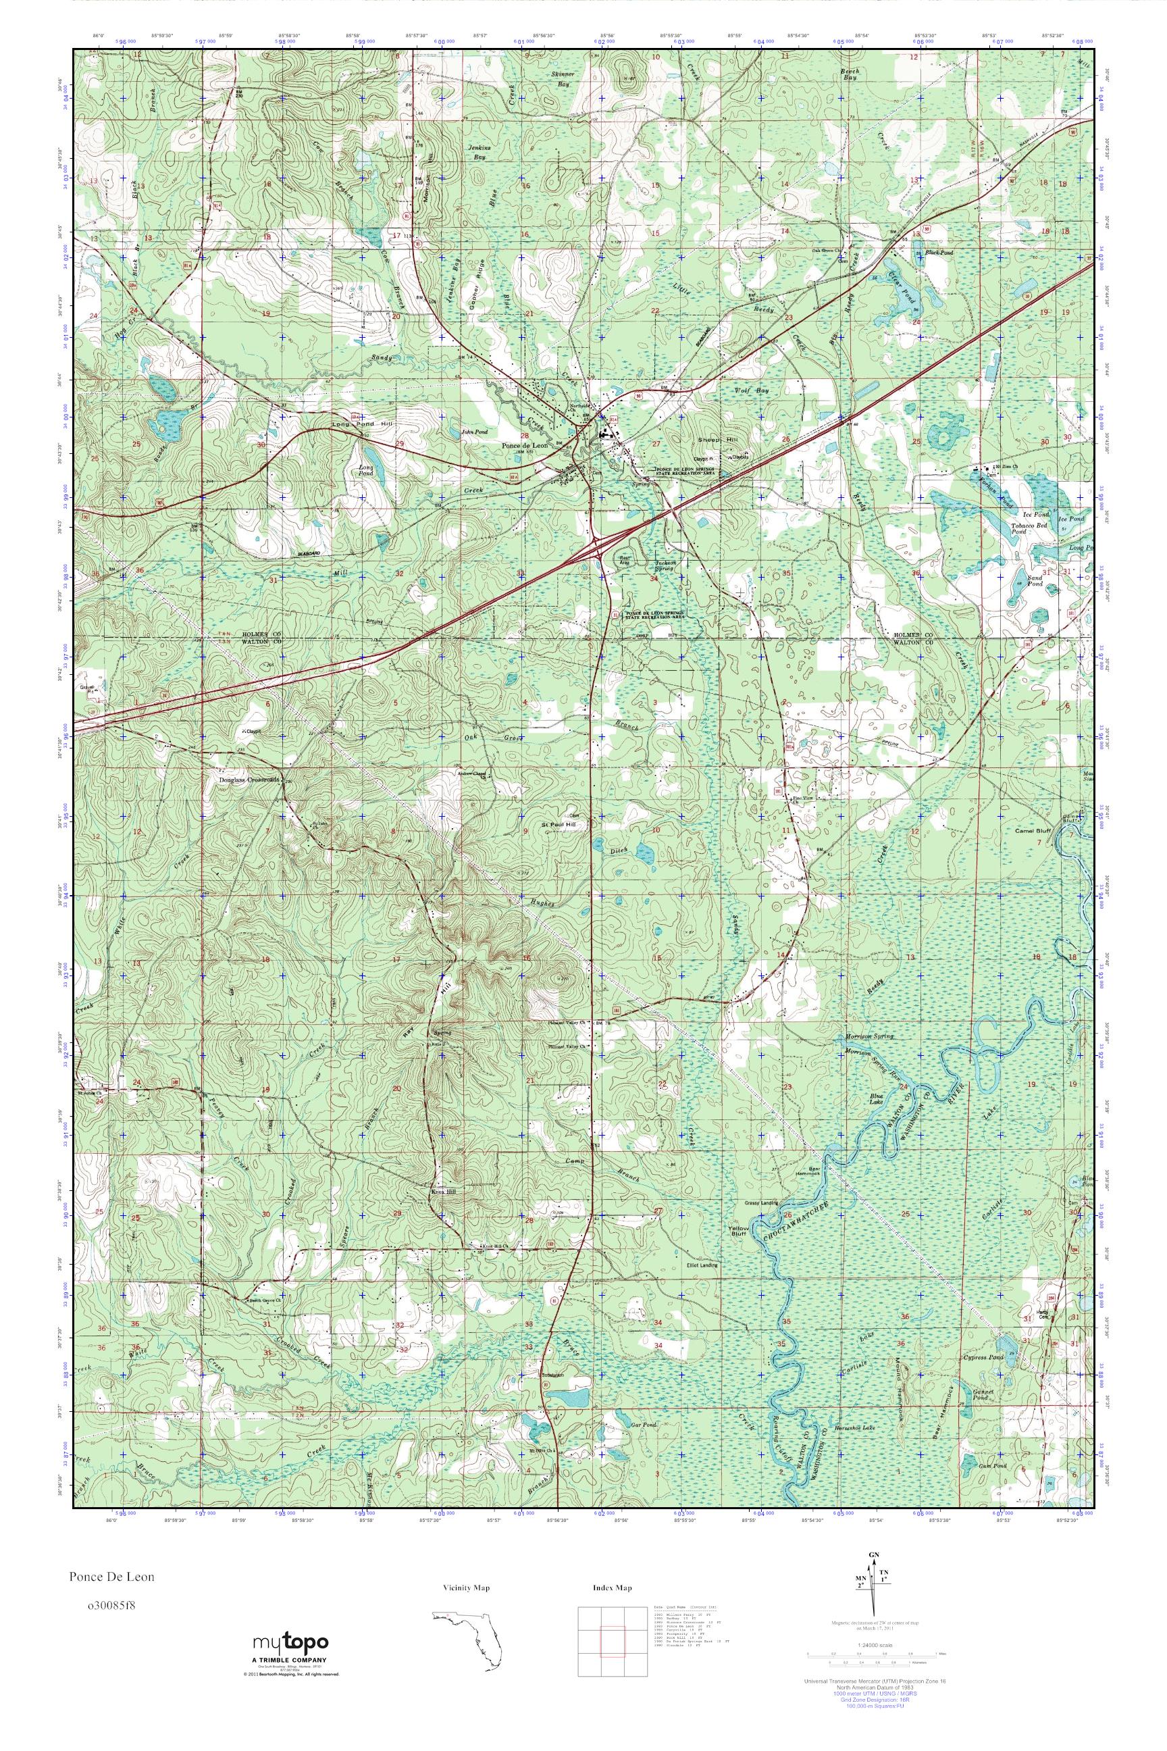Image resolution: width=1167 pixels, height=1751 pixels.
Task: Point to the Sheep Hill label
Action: click(713, 440)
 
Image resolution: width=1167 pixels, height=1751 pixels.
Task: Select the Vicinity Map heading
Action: click(466, 1588)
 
